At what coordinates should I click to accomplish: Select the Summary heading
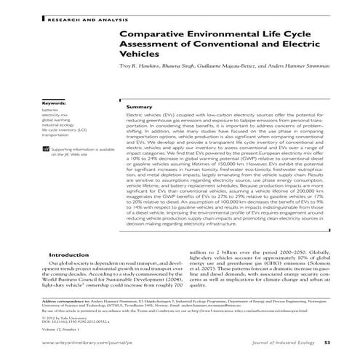coord(139,107)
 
